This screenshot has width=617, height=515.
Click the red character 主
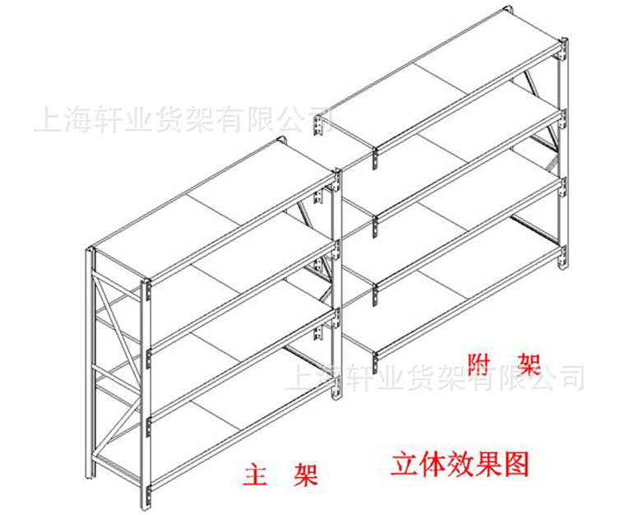[x=256, y=475]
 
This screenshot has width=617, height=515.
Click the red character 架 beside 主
[x=305, y=475]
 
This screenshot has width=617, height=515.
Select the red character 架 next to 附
[x=527, y=360]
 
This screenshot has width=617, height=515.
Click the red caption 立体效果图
[x=460, y=463]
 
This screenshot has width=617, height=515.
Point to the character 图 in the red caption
[x=517, y=463]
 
